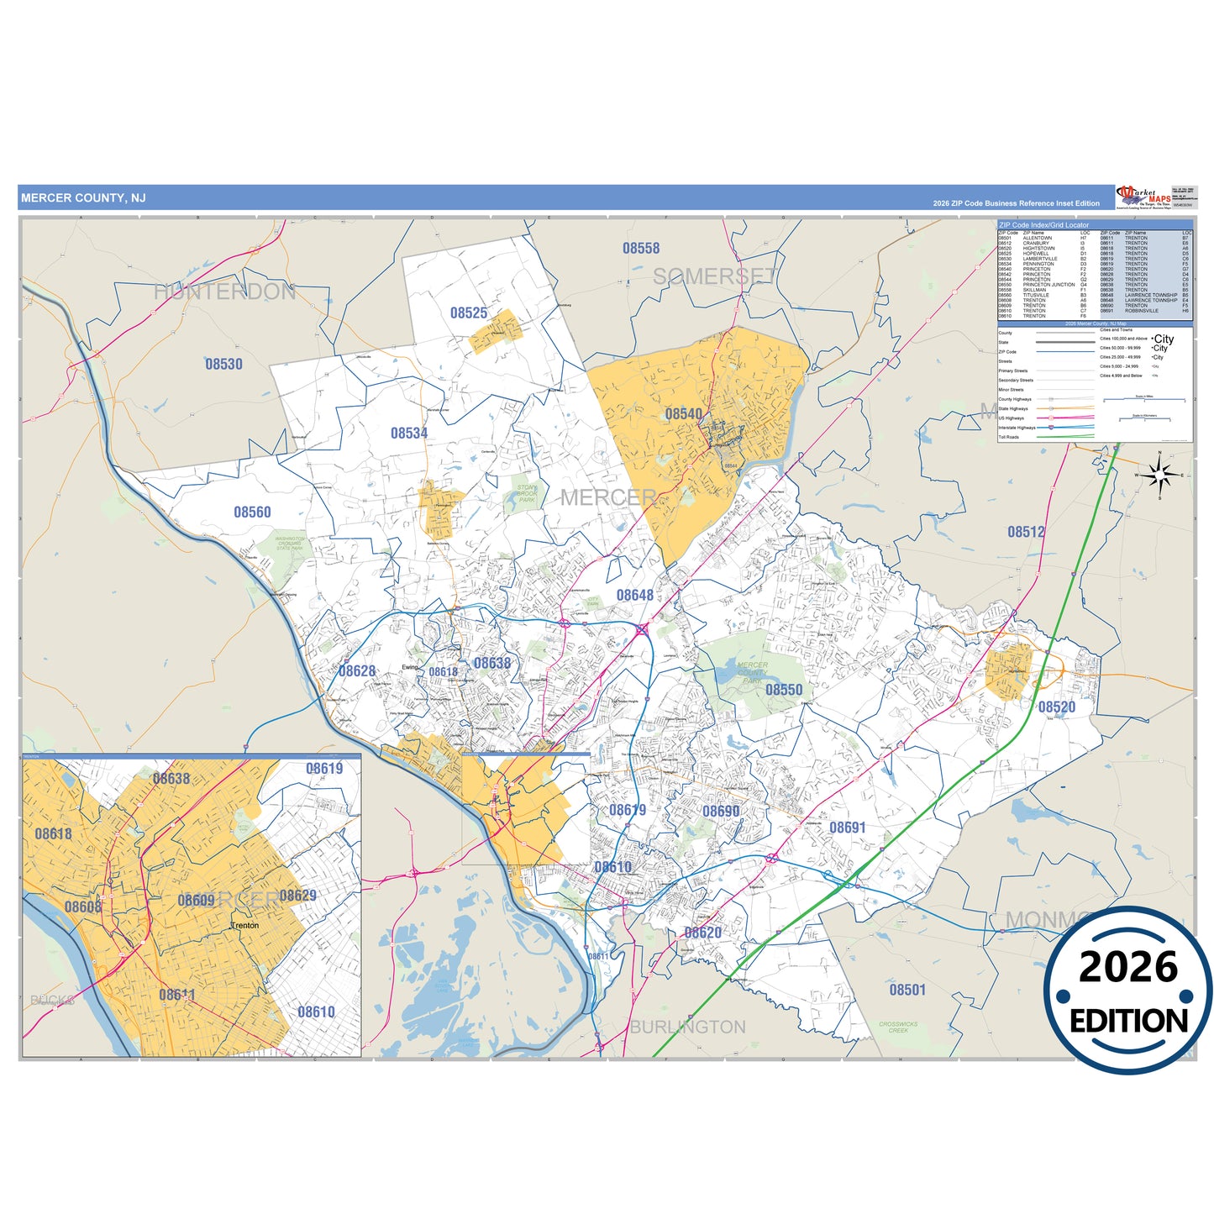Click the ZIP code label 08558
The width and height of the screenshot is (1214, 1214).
point(641,249)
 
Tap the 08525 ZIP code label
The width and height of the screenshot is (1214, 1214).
point(469,313)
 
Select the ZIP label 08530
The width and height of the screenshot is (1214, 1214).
point(223,364)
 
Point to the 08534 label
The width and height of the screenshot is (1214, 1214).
point(409,434)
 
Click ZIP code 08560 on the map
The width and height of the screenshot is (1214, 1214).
point(252,512)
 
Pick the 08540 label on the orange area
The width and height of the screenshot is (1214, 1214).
point(684,414)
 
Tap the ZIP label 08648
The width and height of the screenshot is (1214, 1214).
point(635,596)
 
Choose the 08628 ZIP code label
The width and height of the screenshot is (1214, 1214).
point(357,671)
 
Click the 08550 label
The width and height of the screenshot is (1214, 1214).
point(784,690)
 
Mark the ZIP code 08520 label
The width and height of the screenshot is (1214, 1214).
point(1057,707)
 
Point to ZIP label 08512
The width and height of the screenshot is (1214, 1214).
point(1027,532)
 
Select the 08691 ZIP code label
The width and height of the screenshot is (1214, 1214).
point(848,828)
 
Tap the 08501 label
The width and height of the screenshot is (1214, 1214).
point(907,990)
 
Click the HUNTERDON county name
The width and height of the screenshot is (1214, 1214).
point(224,292)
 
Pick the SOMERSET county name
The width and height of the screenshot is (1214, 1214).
point(715,276)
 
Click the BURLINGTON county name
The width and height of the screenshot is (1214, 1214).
point(688,1027)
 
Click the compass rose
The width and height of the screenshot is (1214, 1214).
point(1160,476)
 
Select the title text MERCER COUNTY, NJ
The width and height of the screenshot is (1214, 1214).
point(83,198)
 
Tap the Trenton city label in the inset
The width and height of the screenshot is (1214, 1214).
point(245,926)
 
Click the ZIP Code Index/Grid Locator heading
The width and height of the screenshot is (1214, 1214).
point(1044,225)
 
